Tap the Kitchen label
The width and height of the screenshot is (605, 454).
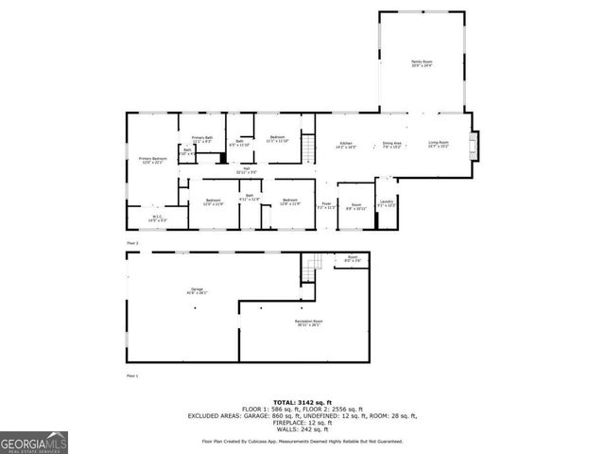(x=346, y=146)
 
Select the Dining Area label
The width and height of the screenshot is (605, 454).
(x=391, y=146)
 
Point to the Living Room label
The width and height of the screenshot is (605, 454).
(x=439, y=146)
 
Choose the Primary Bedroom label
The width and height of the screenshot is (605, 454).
(x=153, y=160)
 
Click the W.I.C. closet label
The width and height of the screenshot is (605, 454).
(x=156, y=218)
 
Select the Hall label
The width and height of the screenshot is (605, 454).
(x=246, y=170)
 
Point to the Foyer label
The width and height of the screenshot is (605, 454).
(x=326, y=204)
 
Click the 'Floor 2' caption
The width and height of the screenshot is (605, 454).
(x=133, y=244)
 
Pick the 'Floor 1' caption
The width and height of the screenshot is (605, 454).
(x=132, y=376)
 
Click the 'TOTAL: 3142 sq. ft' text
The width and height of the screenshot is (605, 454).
(x=302, y=402)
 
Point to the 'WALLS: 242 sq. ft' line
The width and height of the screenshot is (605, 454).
(x=302, y=428)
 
